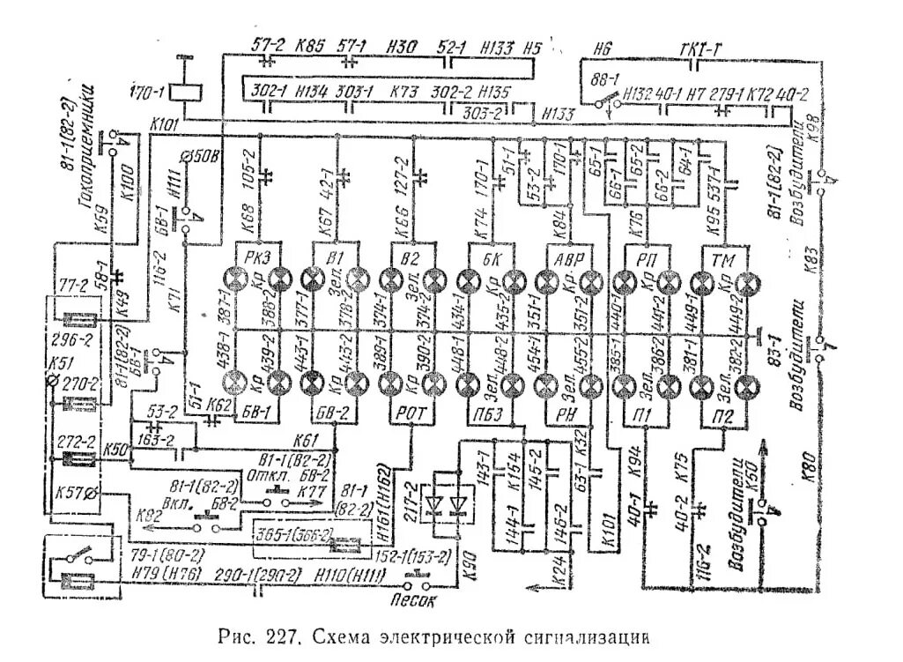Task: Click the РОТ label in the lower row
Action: coord(412,412)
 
